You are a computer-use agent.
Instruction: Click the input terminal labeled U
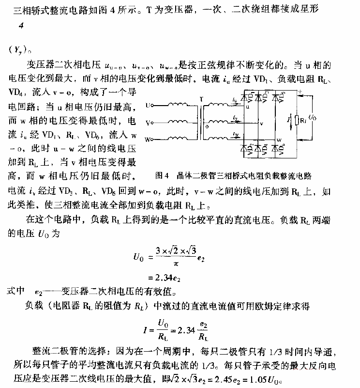148,105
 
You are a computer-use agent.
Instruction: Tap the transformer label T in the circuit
201,98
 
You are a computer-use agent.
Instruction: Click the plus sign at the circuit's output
300,91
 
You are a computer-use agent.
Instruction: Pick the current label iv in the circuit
234,117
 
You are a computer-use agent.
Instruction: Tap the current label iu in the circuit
234,100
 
